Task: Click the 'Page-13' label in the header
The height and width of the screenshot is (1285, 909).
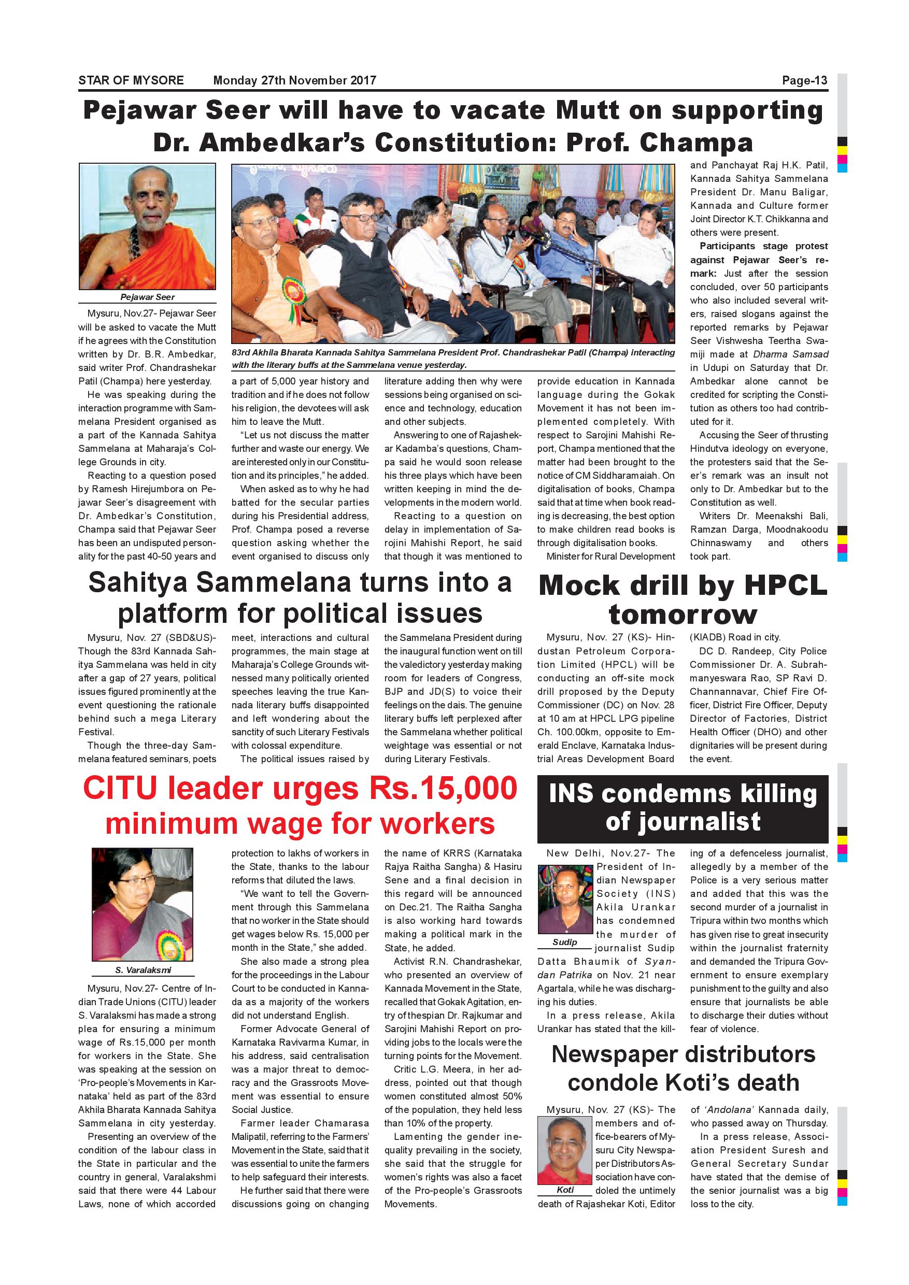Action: [804, 81]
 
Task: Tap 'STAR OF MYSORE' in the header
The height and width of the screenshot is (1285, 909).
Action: [131, 81]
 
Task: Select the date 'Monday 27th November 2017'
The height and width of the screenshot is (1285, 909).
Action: [294, 81]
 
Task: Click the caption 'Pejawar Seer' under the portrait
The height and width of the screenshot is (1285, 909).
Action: [147, 297]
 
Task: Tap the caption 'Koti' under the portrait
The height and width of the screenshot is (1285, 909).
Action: [565, 1189]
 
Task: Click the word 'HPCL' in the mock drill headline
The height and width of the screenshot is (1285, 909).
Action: [785, 586]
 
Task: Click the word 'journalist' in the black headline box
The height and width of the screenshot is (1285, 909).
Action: [683, 822]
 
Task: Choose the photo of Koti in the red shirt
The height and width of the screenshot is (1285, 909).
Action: [565, 1150]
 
